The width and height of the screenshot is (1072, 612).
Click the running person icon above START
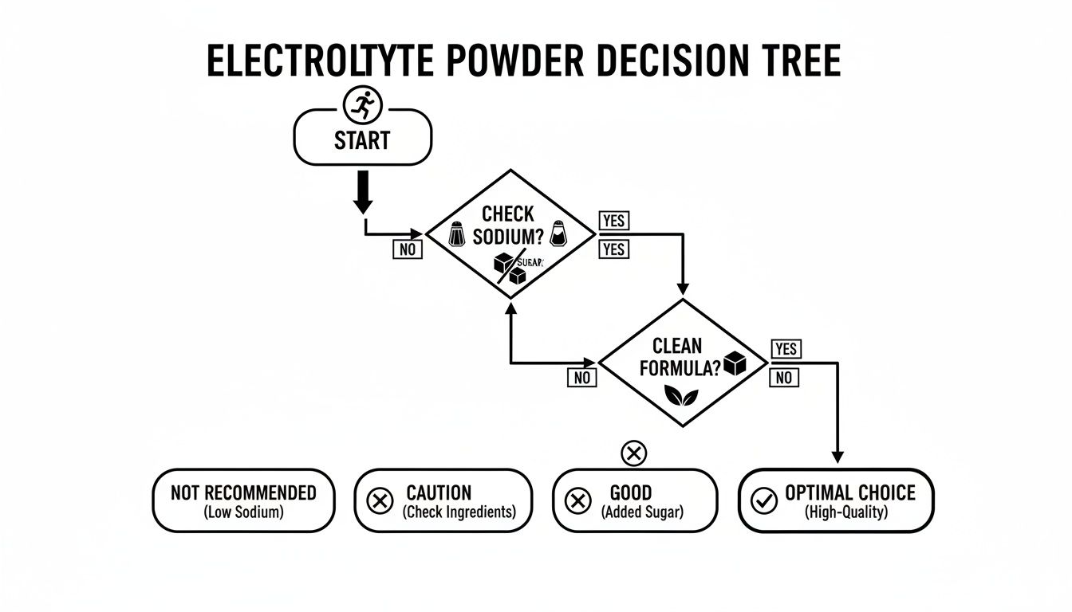363,104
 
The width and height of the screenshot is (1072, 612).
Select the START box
363,141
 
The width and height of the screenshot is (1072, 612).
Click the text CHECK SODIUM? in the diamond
508,226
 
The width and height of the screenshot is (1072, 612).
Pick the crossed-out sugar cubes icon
510,269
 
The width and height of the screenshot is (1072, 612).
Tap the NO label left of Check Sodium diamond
408,249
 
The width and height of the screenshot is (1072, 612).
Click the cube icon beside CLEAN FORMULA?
734,363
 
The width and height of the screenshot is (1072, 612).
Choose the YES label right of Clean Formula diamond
786,348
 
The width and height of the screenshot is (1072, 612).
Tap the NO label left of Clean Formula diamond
582,378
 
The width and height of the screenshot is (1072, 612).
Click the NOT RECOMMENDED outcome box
243,500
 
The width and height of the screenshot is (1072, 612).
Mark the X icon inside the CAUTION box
379,500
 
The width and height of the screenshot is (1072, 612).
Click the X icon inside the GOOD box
576,500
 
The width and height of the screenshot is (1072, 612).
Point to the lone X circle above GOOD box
633,453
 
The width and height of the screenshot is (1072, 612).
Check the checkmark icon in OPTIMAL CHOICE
764,500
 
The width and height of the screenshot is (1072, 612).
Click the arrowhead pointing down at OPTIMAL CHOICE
837,457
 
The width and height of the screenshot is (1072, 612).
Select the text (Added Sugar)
642,512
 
